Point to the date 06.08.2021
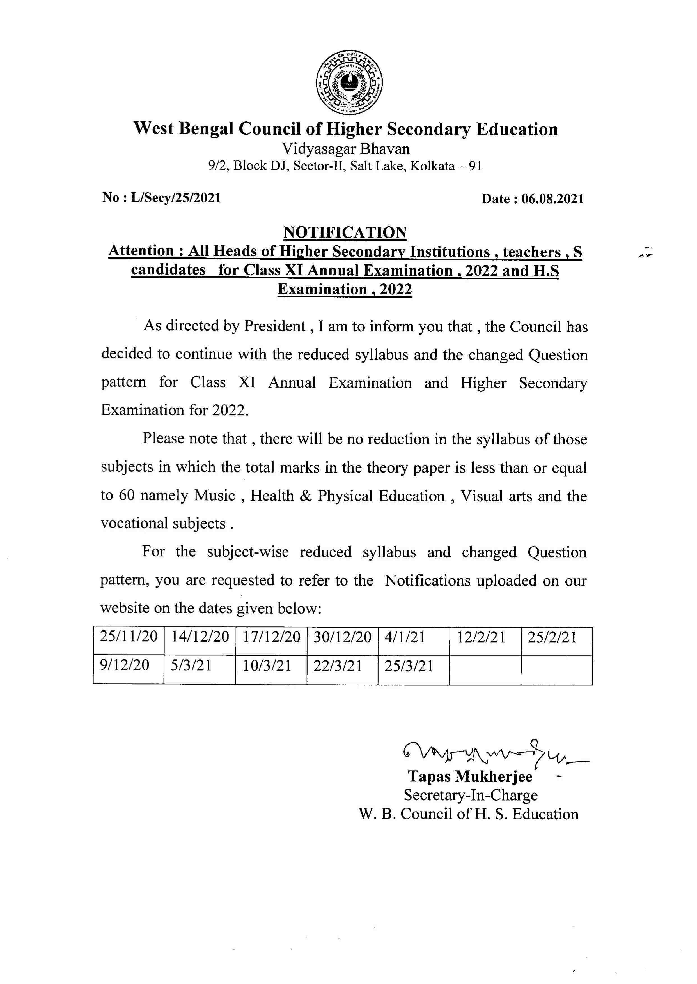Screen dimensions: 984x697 552,199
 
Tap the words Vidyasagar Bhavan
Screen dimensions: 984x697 345,149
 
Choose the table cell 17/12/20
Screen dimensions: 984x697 271,637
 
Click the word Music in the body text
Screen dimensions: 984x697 215,496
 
